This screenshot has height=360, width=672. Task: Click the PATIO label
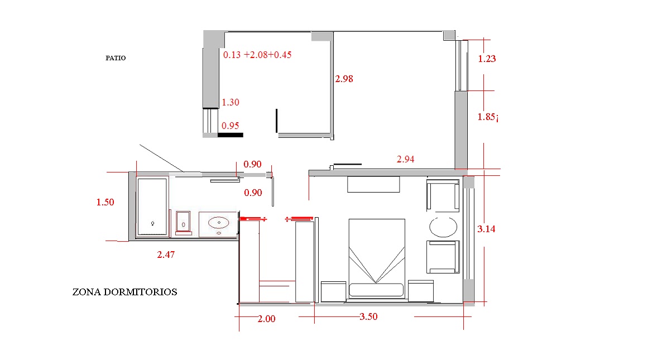116,58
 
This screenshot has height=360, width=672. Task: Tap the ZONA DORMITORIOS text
125,292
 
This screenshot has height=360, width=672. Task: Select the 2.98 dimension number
344,79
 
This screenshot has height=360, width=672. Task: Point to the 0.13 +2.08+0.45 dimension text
257,55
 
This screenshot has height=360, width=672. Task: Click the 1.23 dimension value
487,59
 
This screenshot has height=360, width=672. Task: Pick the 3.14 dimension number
486,229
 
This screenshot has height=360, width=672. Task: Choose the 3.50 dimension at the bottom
368,316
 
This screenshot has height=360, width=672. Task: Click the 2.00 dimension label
266,319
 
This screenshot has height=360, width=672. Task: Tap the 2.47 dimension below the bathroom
166,255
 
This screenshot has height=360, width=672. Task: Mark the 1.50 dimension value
105,202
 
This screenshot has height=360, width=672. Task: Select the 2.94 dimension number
406,159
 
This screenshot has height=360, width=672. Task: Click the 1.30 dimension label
231,102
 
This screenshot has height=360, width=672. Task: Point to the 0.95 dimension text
231,126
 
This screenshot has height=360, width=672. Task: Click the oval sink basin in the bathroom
219,223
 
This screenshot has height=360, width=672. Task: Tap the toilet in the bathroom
183,223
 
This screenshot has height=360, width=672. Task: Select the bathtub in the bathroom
152,207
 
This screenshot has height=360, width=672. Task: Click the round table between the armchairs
443,227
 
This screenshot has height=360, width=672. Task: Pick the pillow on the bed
376,290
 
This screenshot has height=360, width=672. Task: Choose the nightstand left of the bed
334,291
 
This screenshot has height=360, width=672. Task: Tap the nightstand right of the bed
421,291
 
